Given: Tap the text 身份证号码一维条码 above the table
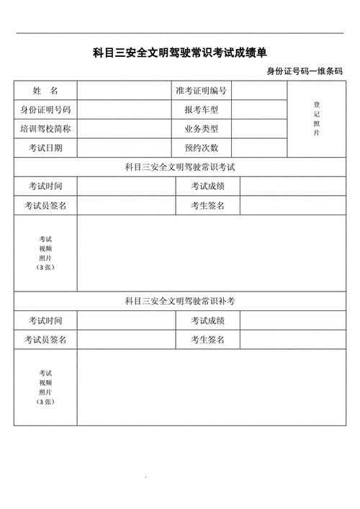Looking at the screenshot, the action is coord(305,71).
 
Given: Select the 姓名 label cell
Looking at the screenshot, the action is coord(45,91).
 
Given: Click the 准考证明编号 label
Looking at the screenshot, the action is coord(201,91).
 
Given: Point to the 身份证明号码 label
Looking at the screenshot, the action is coord(45,110).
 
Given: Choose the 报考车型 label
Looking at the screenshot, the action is coord(201,110).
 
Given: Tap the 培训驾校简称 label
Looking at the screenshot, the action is coord(45,130).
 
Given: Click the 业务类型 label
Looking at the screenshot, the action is coord(201,130).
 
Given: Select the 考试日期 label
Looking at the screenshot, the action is coord(45,148).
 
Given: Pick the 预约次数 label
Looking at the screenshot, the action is coord(201,148).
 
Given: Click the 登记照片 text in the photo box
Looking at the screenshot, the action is coord(316,119).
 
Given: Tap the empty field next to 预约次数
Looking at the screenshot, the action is coord(259,148).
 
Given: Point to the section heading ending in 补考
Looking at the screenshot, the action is coord(180,301).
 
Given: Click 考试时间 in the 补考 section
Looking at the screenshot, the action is coord(45,320).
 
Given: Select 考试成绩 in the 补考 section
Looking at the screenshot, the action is coord(208,320).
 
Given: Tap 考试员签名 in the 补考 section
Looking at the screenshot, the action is coord(45,340).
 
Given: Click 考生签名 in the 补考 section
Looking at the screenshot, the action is coord(208,340).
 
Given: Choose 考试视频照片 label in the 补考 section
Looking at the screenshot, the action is coord(45,387).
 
